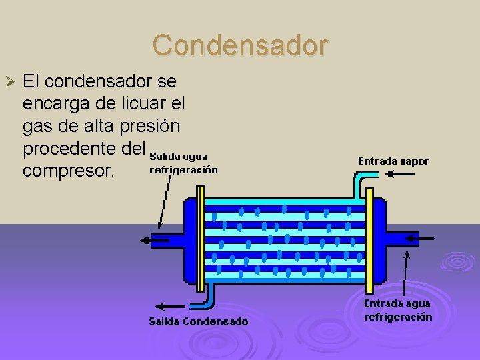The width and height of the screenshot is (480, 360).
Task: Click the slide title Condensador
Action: pyautogui.click(x=240, y=45)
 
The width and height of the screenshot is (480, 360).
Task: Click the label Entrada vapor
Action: pyautogui.click(x=393, y=161)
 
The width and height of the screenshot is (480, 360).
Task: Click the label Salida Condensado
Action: pyautogui.click(x=198, y=321)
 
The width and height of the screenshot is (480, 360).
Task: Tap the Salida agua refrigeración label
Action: pyautogui.click(x=183, y=163)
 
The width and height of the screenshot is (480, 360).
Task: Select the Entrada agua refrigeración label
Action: pyautogui.click(x=397, y=310)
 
